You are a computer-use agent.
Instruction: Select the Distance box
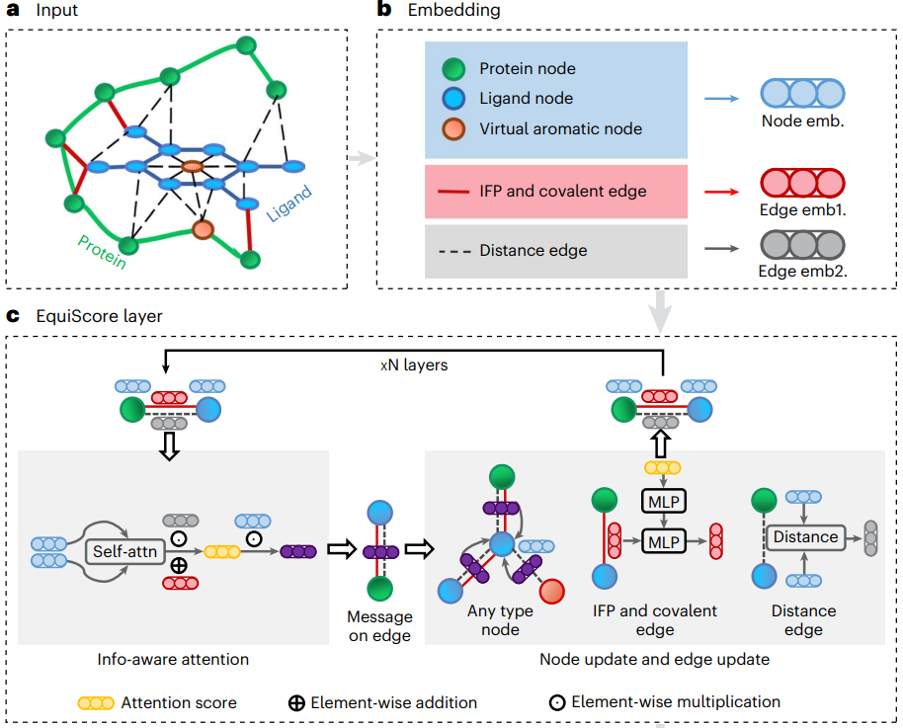click(805, 537)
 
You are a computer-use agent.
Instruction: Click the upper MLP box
click(664, 501)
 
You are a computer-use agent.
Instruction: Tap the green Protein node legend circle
click(453, 69)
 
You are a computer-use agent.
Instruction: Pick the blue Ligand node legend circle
click(453, 99)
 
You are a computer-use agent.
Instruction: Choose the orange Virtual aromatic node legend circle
click(453, 128)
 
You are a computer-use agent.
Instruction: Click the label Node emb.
click(801, 123)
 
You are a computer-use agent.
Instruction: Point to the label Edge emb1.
click(801, 209)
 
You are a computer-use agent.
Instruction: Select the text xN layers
click(415, 364)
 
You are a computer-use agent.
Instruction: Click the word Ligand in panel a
click(288, 203)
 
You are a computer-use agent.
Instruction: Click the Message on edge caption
click(379, 624)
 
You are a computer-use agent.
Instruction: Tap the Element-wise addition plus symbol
click(294, 703)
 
